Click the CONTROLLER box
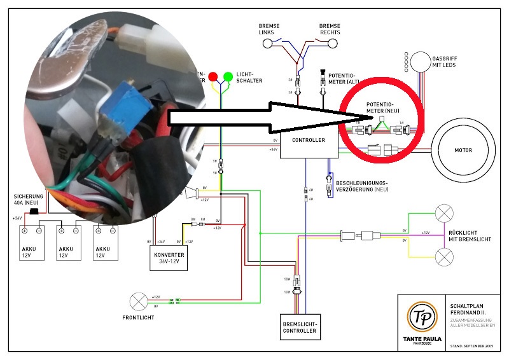[x=308, y=140]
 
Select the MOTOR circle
[x=462, y=151]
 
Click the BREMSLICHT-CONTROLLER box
[x=299, y=327]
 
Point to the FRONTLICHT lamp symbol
[x=138, y=301]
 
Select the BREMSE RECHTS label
[x=330, y=29]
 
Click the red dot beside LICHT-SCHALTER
[x=213, y=77]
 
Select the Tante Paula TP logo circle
[x=419, y=316]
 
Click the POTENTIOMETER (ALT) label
[x=342, y=78]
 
